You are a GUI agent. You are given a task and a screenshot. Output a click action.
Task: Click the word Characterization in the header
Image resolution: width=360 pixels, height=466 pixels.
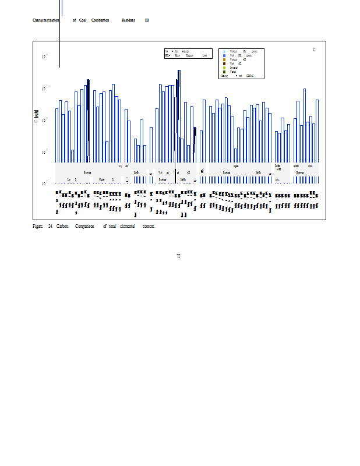(46, 20)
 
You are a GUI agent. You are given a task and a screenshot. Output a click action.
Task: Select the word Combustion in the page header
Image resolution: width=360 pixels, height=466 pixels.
(100, 20)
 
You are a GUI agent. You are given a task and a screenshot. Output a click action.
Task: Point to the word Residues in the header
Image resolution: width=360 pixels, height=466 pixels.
(128, 20)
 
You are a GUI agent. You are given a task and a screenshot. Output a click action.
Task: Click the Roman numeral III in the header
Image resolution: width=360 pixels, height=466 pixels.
(147, 20)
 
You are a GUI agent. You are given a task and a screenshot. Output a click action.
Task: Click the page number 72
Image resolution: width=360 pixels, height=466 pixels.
(178, 255)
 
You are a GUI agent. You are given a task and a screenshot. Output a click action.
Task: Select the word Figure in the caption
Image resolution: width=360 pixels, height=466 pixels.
(37, 226)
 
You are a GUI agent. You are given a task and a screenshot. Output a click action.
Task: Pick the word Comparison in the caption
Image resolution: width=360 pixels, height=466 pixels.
(84, 226)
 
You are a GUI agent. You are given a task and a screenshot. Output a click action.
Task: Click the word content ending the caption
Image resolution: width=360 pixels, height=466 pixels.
(149, 226)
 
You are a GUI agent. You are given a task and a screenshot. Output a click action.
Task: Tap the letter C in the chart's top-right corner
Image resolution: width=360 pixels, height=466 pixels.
(314, 50)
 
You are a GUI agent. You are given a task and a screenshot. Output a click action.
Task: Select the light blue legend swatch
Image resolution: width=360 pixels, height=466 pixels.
(224, 51)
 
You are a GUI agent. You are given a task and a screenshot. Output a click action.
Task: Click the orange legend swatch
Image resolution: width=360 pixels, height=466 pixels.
(224, 59)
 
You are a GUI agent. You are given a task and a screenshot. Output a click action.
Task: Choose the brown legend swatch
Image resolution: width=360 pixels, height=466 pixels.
(224, 63)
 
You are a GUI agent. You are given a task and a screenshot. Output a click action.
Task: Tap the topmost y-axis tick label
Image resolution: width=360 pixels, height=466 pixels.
(45, 57)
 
